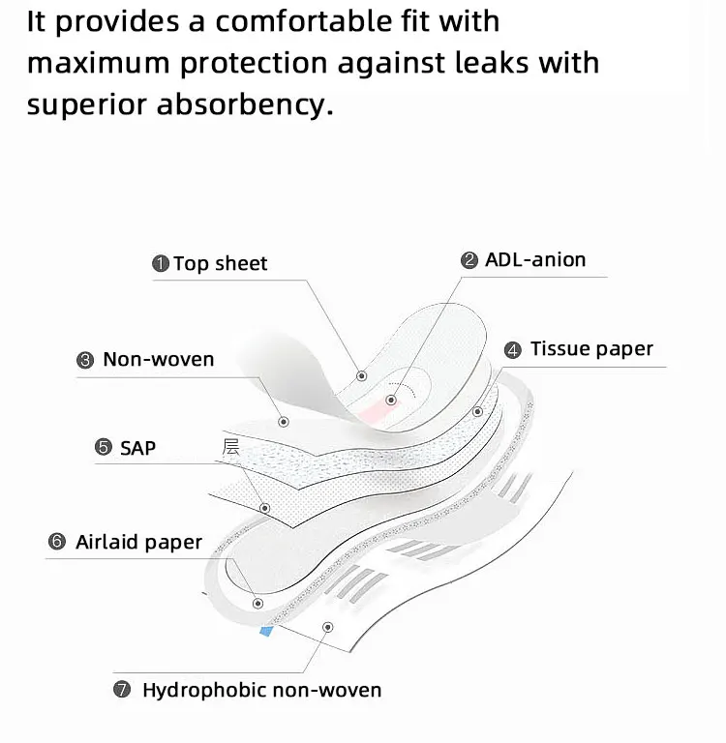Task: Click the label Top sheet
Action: point(220,263)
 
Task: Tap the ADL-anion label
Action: point(535,259)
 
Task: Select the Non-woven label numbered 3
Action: point(158,359)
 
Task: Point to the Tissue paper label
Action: point(591,349)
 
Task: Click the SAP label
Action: point(137,447)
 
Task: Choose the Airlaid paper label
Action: point(138,542)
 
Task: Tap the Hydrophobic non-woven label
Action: point(261,690)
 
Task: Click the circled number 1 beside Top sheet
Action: point(161,263)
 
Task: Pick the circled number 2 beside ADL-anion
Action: point(469,260)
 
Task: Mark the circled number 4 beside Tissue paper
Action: point(513,350)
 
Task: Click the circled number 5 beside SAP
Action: point(103,447)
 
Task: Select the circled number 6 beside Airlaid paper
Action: point(56,543)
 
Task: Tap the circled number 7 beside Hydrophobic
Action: point(122,691)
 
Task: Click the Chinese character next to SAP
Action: point(230,446)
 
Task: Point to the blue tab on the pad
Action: point(265,630)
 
